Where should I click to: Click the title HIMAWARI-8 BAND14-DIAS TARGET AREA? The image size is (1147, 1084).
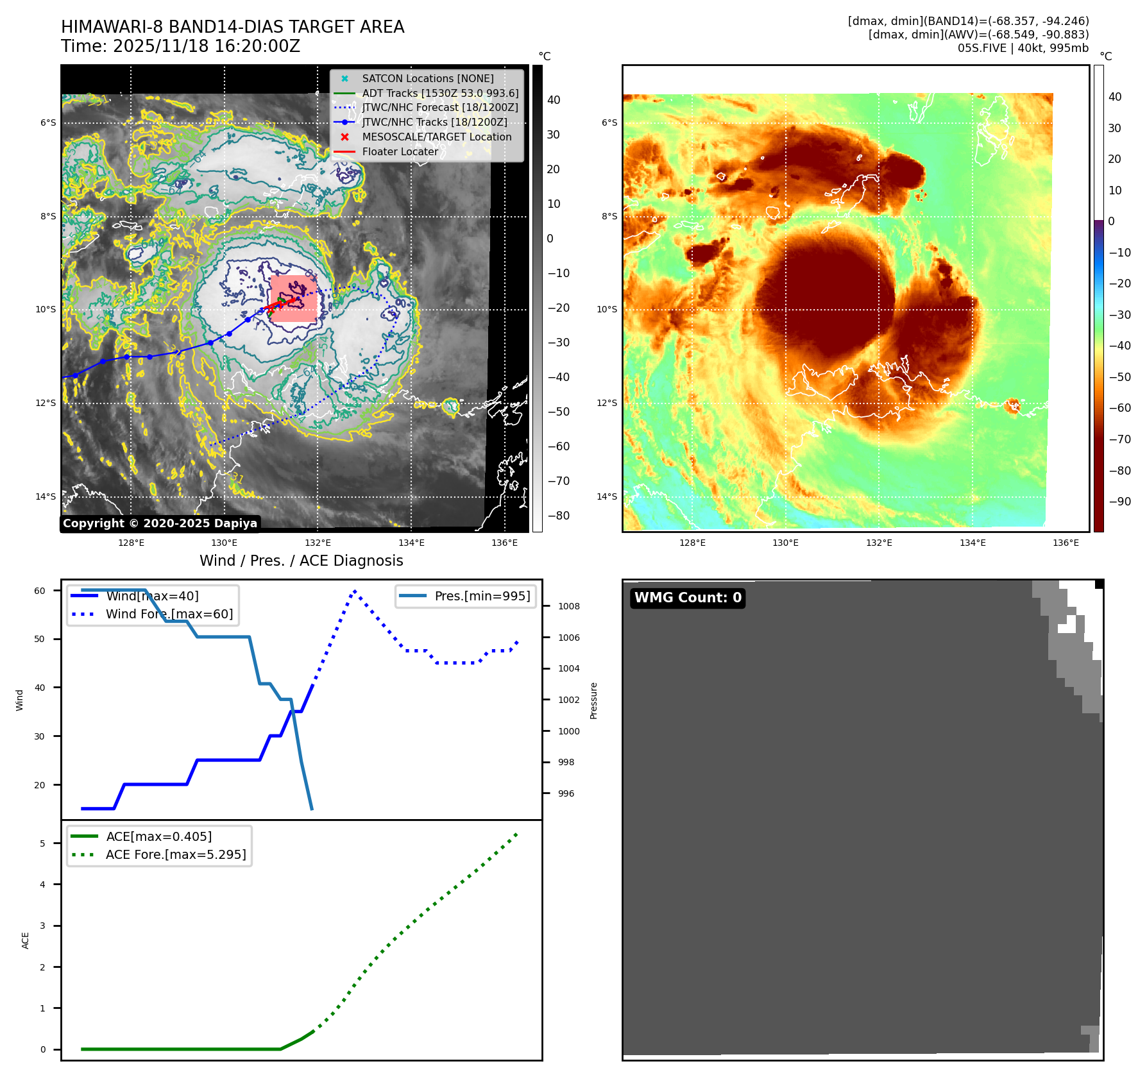coord(232,27)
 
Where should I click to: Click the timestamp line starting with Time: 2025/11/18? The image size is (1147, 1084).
coord(180,46)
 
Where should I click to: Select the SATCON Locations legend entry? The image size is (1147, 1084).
coord(427,78)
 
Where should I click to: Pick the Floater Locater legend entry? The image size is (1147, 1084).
coord(400,151)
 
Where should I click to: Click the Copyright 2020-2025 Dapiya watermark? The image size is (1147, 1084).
coord(160,523)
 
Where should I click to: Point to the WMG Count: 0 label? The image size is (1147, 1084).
coord(688,598)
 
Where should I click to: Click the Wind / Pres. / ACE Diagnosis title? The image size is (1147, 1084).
coord(302,561)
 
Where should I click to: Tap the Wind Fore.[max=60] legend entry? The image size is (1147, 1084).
coord(169,614)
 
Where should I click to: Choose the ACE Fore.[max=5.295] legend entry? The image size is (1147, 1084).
coord(175,854)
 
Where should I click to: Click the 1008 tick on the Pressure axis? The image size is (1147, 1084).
coord(568,606)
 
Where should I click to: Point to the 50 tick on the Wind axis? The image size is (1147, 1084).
coord(40,639)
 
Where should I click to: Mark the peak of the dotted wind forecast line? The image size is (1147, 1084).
coord(355,591)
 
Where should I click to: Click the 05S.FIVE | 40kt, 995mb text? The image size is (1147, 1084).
coord(1023,48)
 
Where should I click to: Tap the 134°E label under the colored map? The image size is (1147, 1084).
coord(973,543)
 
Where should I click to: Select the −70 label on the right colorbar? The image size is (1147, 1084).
coord(1119,439)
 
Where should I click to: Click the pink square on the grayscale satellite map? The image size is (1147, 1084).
coord(293,299)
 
